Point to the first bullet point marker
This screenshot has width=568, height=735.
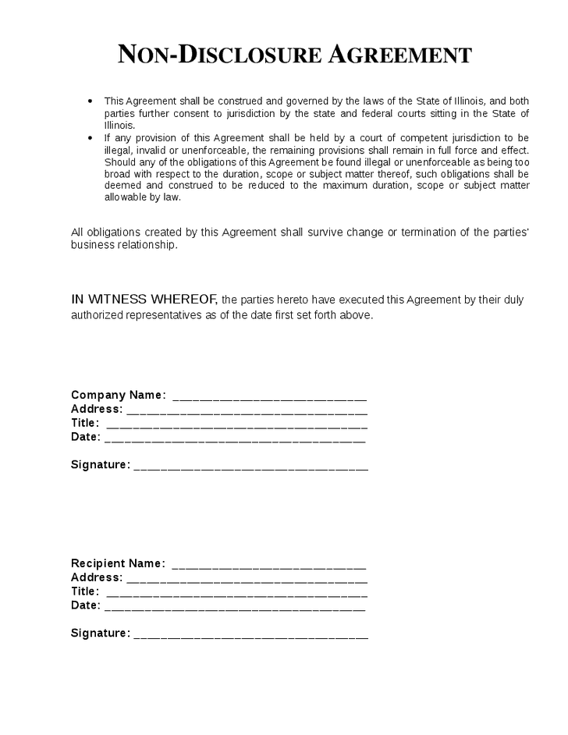click(91, 101)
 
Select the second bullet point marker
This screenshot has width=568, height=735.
click(91, 137)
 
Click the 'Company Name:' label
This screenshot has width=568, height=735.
click(118, 395)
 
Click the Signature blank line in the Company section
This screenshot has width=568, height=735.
click(250, 467)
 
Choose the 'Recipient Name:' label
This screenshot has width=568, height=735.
click(118, 563)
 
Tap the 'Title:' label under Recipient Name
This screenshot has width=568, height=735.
click(85, 591)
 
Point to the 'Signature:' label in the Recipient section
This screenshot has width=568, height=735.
click(100, 634)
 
